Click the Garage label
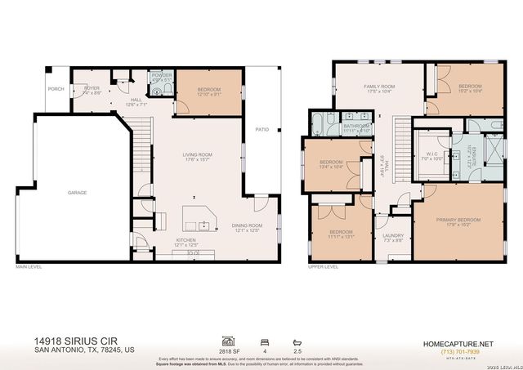[78, 193]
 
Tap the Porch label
[56, 89]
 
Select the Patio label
[262, 129]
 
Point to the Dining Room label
[246, 228]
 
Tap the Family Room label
[379, 88]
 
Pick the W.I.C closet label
[432, 155]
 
